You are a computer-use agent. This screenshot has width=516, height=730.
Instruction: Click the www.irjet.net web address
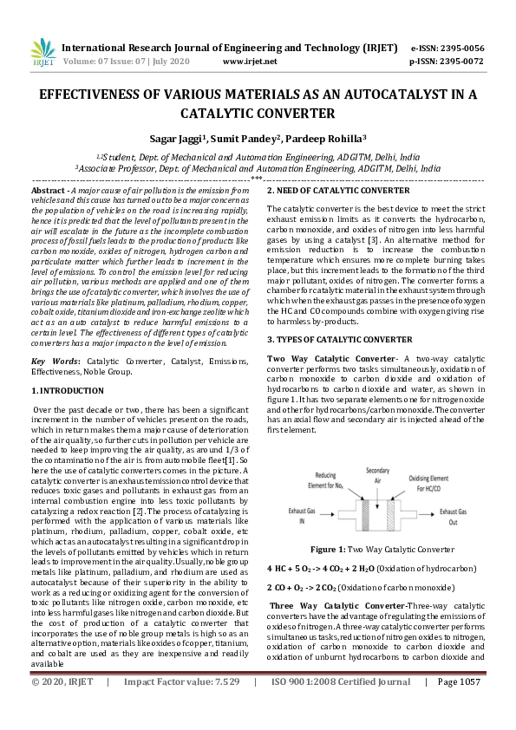(x=250, y=62)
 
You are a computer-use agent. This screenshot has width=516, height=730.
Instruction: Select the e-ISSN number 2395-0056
(x=460, y=48)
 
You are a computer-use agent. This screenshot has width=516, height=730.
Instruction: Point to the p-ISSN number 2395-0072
(x=460, y=62)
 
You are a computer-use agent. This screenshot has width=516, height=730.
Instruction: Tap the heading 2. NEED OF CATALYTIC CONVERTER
(x=338, y=190)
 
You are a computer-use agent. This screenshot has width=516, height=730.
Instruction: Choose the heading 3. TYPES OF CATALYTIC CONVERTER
(x=339, y=339)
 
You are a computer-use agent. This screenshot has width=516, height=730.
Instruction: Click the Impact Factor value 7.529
(x=222, y=706)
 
